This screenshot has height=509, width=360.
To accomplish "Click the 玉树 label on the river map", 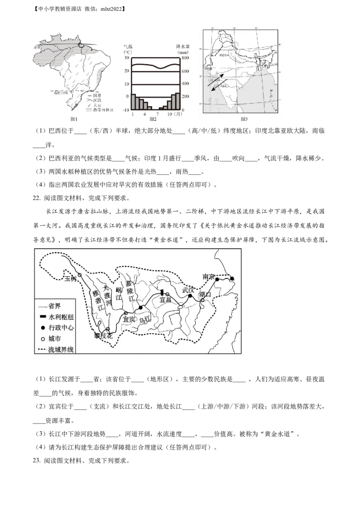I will [71, 279].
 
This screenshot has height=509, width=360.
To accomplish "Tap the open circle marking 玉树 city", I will [80, 275].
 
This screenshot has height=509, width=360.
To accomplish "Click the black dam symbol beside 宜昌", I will [162, 293].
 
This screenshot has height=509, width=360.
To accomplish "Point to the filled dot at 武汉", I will [190, 296].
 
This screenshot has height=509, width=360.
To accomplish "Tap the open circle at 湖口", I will [202, 300].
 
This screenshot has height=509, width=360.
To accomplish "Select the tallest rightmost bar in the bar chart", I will [178, 101].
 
